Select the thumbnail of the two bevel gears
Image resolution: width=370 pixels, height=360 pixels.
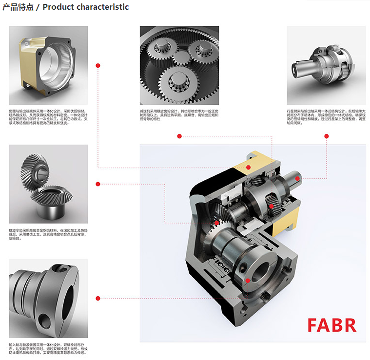[x=48, y=184]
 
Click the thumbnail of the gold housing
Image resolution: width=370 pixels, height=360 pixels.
[x=48, y=65]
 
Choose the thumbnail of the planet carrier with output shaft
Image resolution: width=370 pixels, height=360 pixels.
[x=326, y=65]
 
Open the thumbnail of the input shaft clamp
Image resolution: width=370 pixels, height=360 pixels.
[x=48, y=298]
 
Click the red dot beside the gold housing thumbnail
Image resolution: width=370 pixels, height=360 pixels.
[x=98, y=65]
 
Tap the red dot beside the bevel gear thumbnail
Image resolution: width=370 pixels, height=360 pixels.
[x=98, y=184]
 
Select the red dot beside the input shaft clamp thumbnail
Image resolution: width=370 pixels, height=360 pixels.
[x=98, y=298]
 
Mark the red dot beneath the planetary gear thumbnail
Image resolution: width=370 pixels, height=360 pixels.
[x=179, y=136]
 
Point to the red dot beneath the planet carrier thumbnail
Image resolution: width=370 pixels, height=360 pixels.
[x=326, y=136]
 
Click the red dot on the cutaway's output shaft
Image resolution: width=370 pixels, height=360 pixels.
[x=297, y=179]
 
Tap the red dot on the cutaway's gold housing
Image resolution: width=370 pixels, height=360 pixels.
[x=249, y=168]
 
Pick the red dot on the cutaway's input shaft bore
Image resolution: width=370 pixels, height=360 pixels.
[x=248, y=281]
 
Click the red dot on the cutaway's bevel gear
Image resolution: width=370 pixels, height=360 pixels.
[x=216, y=223]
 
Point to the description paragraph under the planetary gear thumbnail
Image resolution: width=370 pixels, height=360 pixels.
[x=179, y=114]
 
